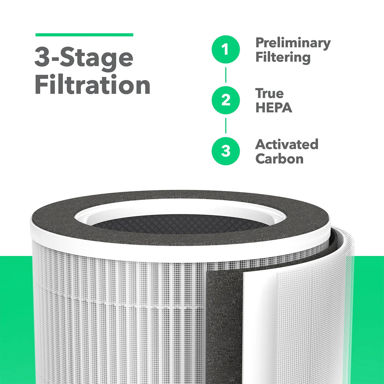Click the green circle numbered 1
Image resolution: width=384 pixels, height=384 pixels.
[225, 49]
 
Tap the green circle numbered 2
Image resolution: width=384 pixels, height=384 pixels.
[225, 100]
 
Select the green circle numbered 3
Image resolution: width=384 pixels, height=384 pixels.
[225, 151]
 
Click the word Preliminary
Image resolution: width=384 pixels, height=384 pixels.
[293, 43]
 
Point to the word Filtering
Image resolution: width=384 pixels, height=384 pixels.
[283, 58]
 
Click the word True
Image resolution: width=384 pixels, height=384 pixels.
[270, 94]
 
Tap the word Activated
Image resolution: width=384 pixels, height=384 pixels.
[287, 144]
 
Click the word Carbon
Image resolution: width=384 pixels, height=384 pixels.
[279, 159]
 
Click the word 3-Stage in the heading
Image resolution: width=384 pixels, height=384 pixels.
[84, 59]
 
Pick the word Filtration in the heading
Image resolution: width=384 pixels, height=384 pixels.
[92, 86]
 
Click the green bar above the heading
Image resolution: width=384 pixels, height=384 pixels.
[84, 35]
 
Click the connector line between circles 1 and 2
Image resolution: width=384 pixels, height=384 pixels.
[225, 75]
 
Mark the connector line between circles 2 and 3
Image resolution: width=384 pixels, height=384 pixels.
[225, 126]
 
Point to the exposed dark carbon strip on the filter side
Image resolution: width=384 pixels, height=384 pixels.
[224, 320]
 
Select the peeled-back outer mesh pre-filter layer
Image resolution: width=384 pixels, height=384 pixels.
[313, 313]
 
